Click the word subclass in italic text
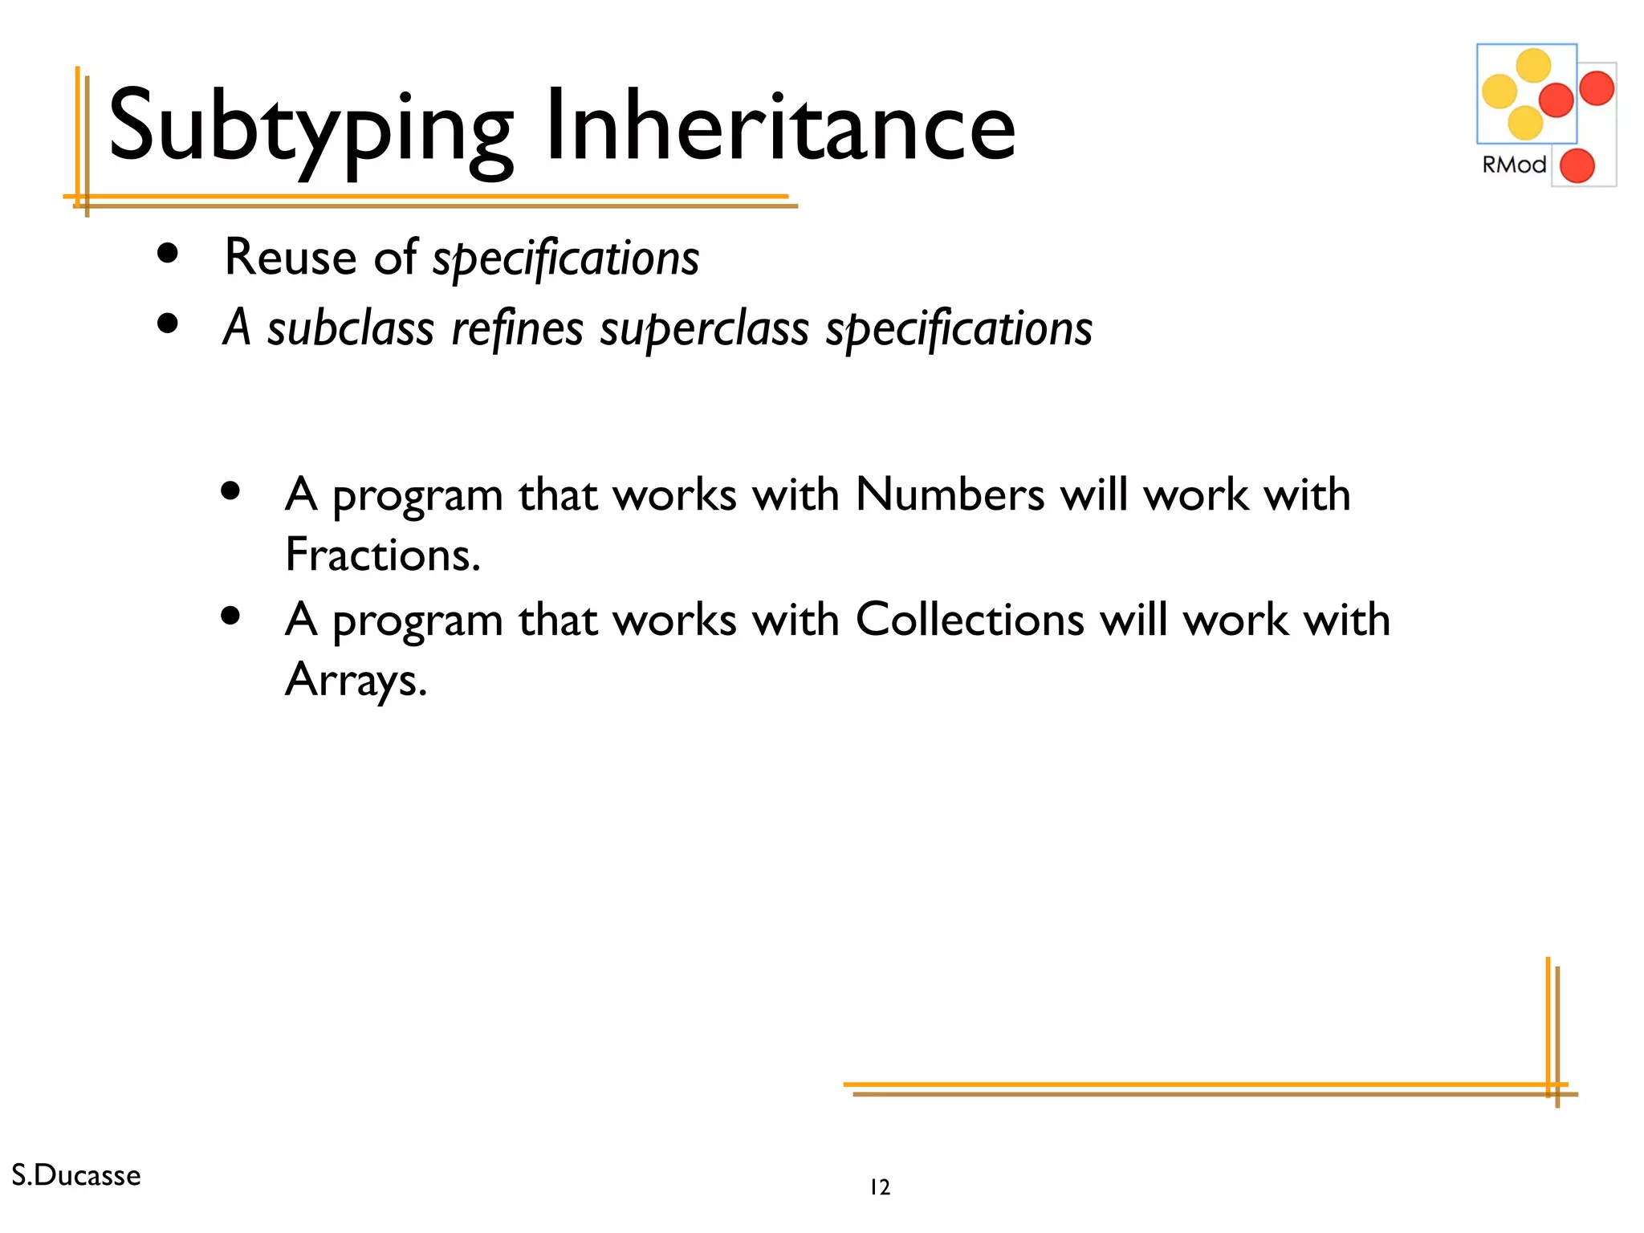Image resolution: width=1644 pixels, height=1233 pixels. pos(351,329)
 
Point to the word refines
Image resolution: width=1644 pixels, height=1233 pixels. pos(517,329)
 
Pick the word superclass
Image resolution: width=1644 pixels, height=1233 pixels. pos(704,329)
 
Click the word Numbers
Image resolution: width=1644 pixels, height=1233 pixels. pos(950,494)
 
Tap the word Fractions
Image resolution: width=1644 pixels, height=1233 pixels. pos(383,555)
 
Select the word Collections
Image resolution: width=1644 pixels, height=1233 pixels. pos(970,620)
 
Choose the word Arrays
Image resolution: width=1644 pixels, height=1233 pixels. pos(356,680)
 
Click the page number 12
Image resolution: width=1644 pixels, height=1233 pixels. pos(880,1187)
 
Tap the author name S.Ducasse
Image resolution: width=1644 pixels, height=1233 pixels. pos(76,1175)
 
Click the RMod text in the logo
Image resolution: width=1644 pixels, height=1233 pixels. pos(1513,165)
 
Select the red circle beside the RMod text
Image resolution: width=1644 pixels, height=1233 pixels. pos(1577,166)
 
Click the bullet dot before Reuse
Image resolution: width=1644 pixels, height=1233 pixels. pos(168,254)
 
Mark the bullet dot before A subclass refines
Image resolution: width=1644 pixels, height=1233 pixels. pos(168,324)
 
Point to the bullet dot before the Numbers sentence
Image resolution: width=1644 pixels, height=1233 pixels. pos(231,491)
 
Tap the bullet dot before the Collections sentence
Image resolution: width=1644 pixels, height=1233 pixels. pos(231,616)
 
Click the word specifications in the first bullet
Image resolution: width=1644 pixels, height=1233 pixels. pos(566,259)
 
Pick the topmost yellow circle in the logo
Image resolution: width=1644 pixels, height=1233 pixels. pos(1533,66)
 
